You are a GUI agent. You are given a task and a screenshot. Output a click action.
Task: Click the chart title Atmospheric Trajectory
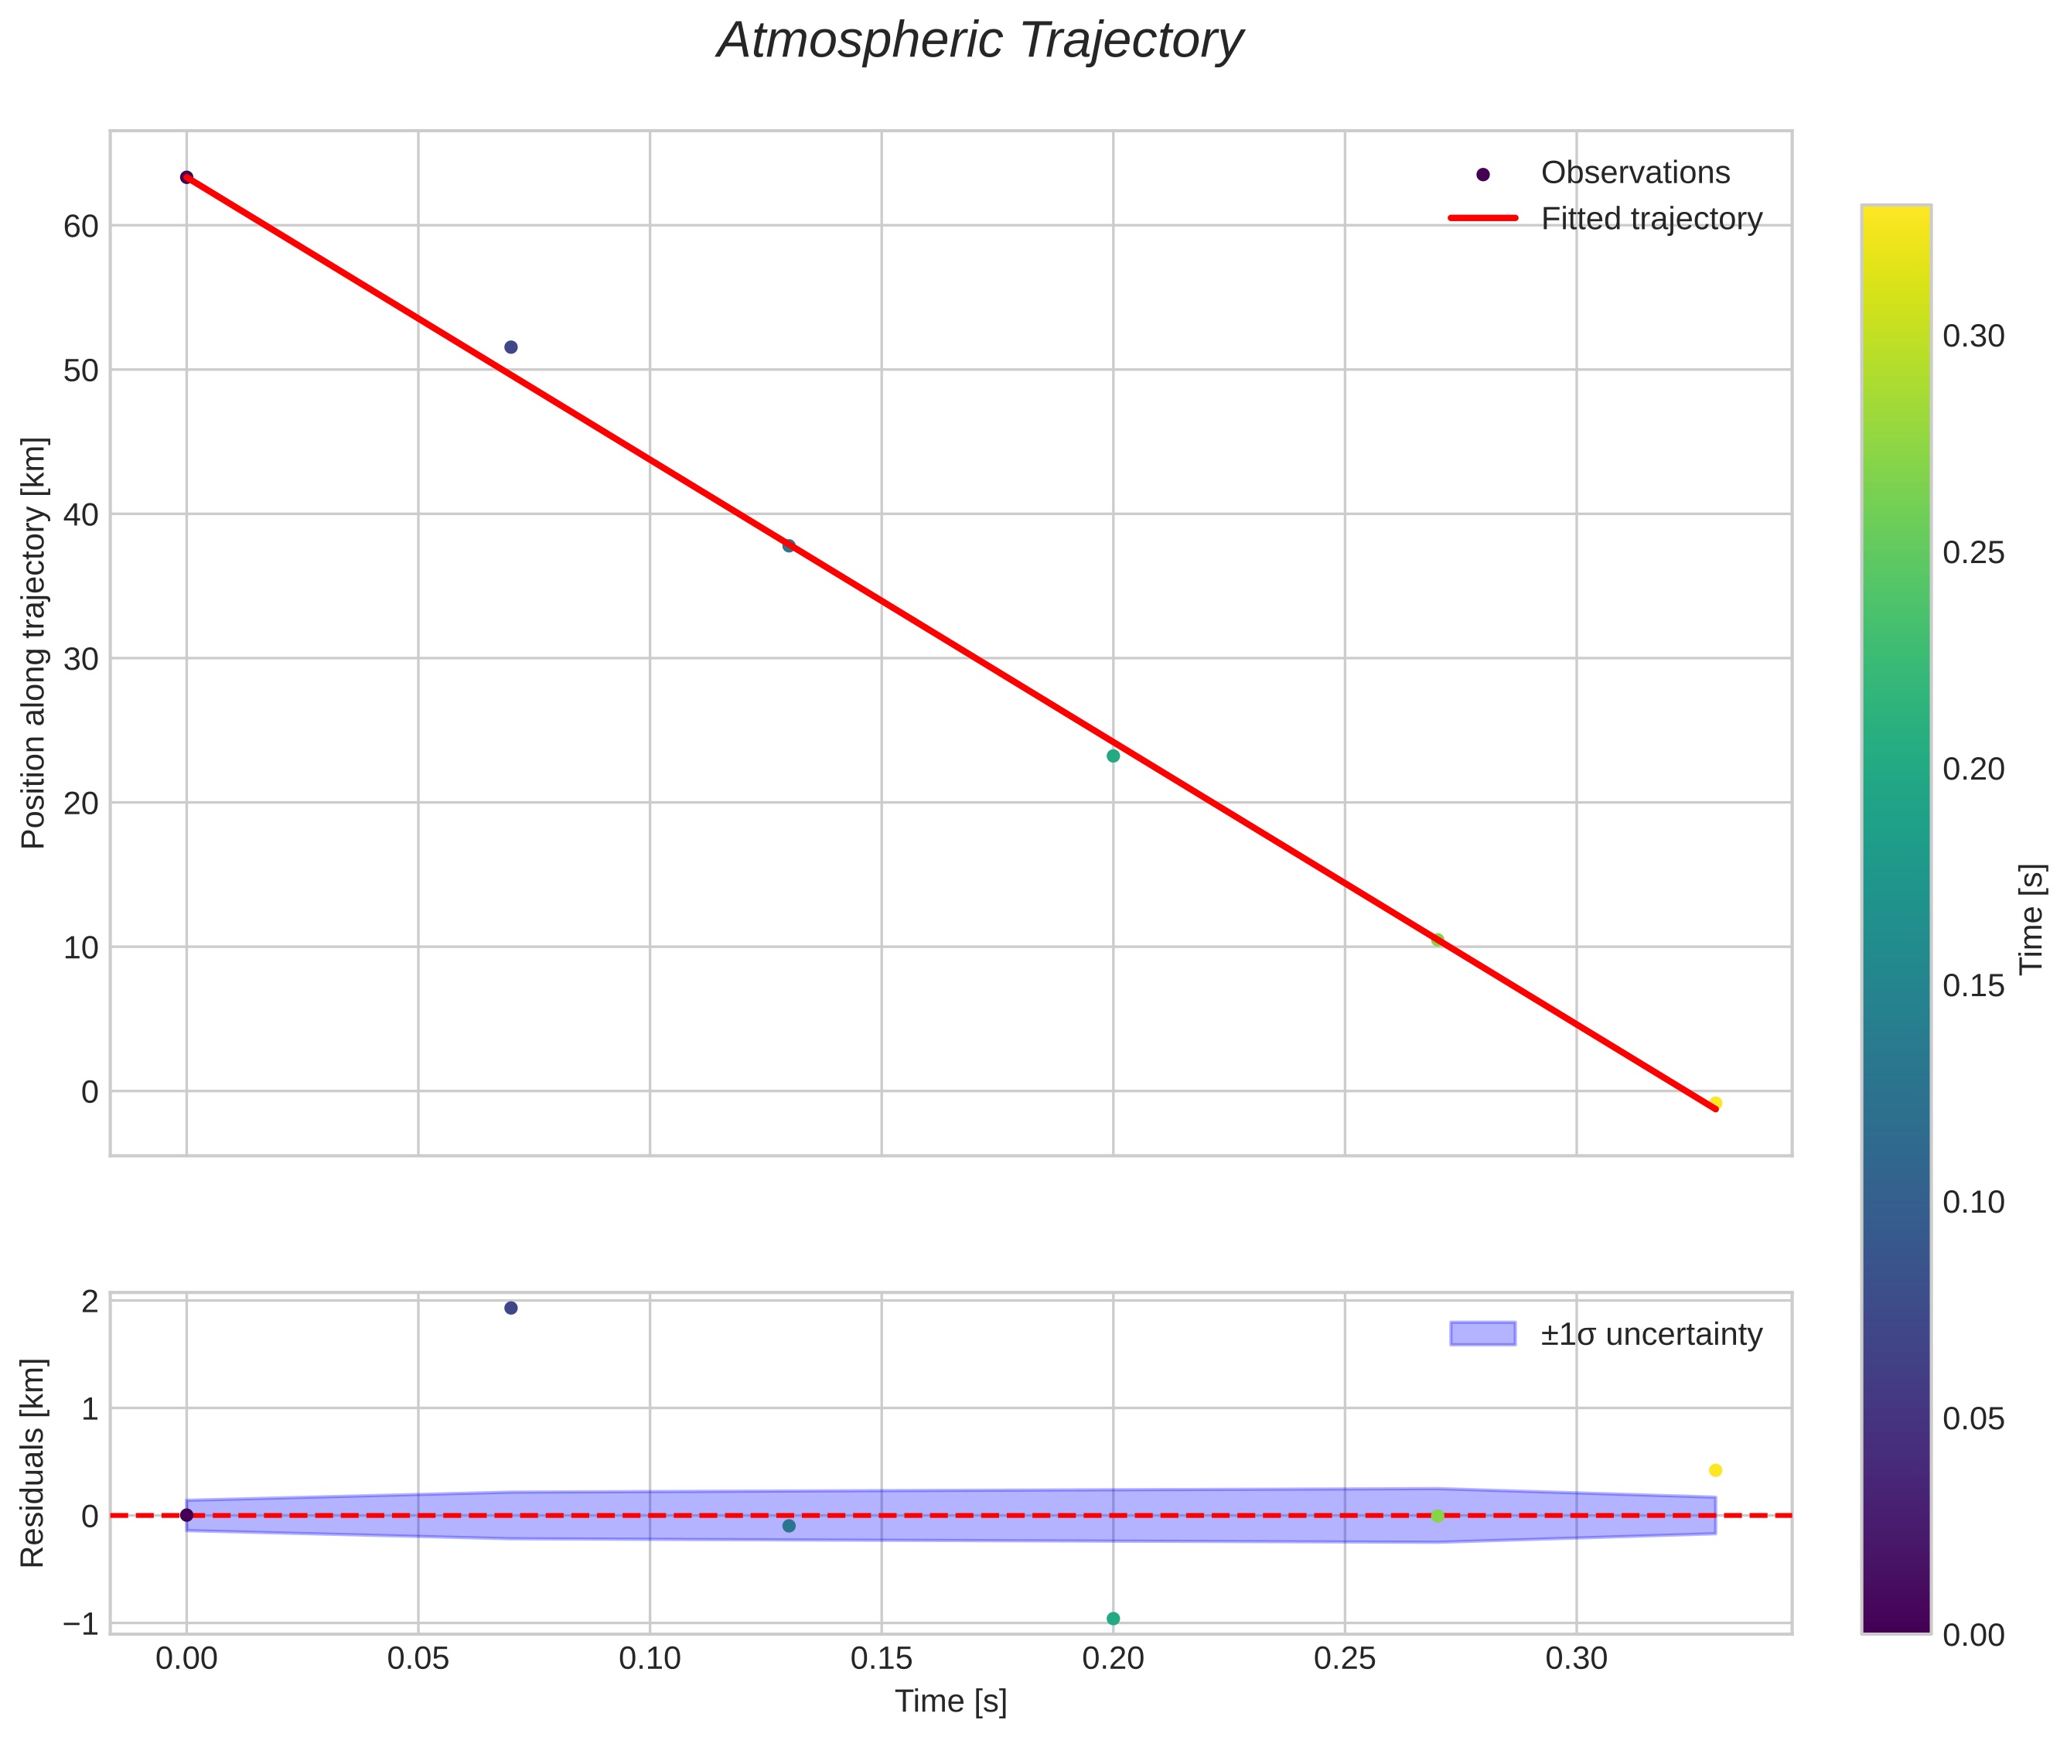coord(979,41)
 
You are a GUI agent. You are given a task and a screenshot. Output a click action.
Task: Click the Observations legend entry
coord(1635,173)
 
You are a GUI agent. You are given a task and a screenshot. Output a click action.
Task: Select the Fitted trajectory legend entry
coord(1650,219)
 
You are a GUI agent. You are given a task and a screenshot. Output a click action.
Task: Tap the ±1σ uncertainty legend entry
coord(1650,1334)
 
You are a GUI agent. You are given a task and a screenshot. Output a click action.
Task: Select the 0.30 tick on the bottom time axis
coord(1576,1659)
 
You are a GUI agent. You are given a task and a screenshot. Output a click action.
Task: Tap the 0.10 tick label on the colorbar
coord(1973,1203)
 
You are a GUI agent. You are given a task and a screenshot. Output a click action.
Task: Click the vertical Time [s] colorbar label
coord(2032,918)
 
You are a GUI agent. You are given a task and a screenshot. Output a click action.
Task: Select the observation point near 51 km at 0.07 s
coord(511,347)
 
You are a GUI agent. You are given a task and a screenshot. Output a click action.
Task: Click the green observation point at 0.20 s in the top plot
coord(1113,756)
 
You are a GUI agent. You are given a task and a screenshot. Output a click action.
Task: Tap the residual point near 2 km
coord(511,1308)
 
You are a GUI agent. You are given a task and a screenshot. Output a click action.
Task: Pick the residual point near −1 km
coord(1113,1619)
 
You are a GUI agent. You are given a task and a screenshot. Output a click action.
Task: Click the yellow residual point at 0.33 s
coord(1715,1470)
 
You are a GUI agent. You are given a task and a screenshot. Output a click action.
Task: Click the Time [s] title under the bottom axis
coord(950,1701)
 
